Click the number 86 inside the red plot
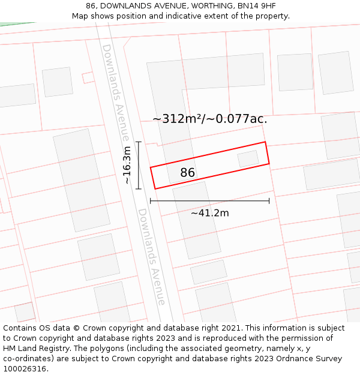(188, 173)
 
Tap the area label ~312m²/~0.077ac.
(209, 119)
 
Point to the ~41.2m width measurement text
(209, 213)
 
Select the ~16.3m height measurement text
(127, 165)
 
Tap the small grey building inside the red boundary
(248, 159)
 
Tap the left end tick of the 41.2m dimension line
(150, 200)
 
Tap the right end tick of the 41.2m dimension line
(269, 200)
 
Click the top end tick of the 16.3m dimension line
(139, 142)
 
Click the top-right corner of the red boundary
(265, 142)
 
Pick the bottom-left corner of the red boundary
(155, 189)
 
